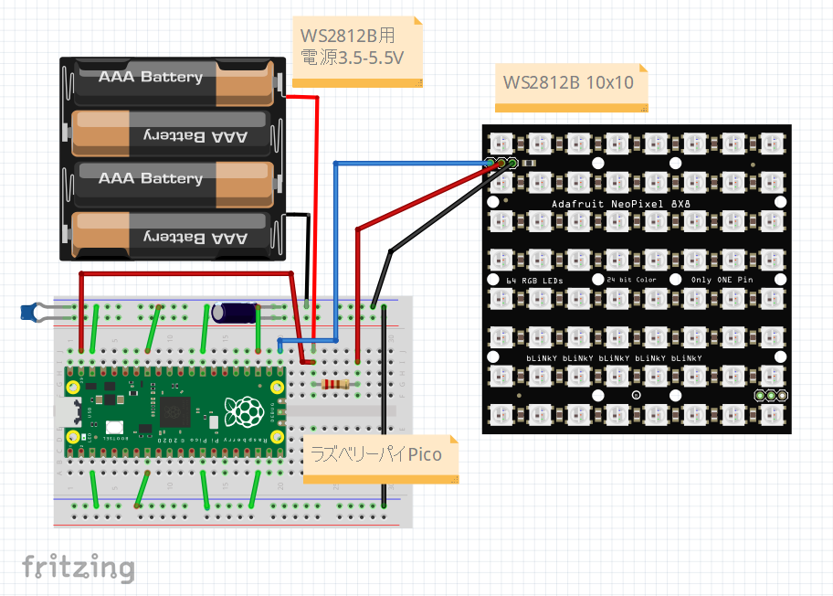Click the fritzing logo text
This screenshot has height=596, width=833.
78,567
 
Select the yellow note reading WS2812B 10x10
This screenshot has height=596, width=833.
568,82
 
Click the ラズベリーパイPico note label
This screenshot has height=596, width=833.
377,454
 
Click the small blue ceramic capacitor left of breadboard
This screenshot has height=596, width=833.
32,313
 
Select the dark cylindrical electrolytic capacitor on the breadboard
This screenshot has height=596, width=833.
234,312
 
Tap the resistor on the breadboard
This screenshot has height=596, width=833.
335,385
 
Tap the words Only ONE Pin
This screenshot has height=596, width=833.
722,279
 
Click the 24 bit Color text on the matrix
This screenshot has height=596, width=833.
631,279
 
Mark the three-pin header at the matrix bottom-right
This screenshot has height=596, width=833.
771,395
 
